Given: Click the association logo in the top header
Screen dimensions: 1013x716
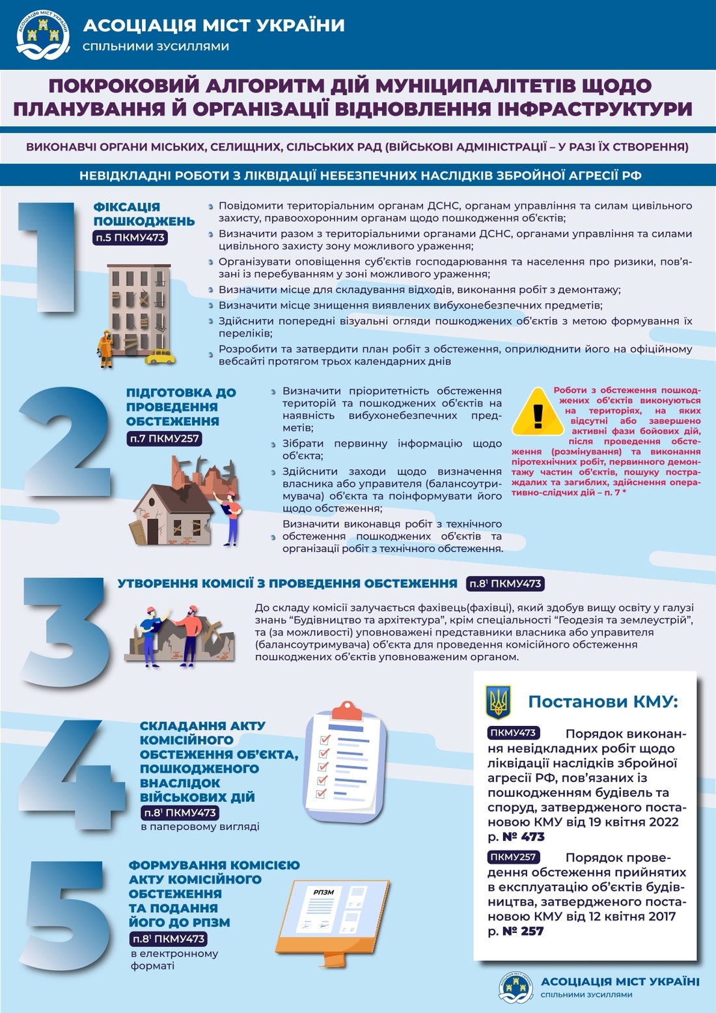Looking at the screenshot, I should click(x=43, y=34).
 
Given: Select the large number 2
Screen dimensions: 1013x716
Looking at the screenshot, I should click(x=65, y=443).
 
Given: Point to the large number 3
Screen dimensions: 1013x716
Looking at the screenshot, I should click(x=65, y=631).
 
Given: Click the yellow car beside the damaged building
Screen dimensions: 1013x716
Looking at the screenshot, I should click(x=160, y=356).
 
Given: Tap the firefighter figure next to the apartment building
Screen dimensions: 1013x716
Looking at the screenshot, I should click(x=105, y=348).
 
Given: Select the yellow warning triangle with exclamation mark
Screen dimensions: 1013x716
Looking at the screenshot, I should click(x=538, y=413).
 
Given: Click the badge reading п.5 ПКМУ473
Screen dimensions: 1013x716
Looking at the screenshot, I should click(x=130, y=238).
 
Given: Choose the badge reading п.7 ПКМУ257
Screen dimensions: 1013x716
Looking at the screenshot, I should click(x=164, y=439).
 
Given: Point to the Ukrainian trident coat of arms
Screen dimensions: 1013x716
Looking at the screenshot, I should click(x=499, y=702).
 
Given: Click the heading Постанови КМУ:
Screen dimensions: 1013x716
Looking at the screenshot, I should click(x=603, y=702).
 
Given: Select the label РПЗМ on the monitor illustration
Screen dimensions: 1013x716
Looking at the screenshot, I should click(x=324, y=892).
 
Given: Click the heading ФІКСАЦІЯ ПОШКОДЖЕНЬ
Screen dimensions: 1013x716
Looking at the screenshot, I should click(x=144, y=214).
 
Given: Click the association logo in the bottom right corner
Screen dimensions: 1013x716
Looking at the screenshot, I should click(x=516, y=987).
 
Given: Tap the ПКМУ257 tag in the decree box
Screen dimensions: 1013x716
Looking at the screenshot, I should click(x=514, y=857).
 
